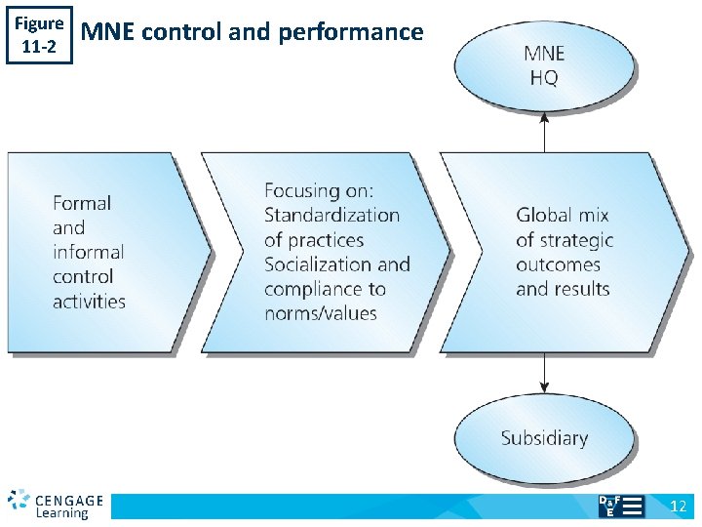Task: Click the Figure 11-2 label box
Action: point(40,35)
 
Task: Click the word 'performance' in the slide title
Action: point(351,32)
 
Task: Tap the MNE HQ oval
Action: point(544,65)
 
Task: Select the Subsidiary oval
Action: point(544,438)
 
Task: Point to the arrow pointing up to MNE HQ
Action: point(545,131)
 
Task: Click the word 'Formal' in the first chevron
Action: point(82,203)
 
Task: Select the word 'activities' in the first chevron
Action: point(90,301)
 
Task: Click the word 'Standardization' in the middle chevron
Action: point(331,215)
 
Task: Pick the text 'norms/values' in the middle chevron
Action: point(321,313)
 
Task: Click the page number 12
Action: point(679,506)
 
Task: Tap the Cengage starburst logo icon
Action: point(19,501)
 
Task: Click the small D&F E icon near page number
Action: point(620,506)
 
